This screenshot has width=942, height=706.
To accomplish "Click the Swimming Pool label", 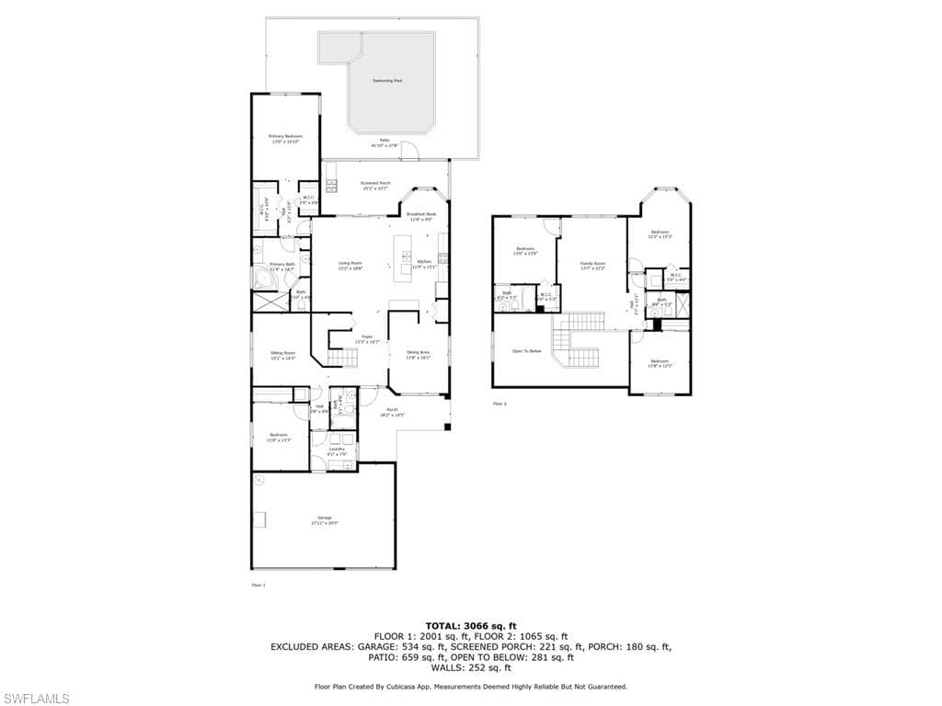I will pyautogui.click(x=386, y=81).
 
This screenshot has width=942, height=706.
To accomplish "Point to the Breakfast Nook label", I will pyautogui.click(x=421, y=215).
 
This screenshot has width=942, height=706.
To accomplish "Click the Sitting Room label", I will pyautogui.click(x=282, y=354).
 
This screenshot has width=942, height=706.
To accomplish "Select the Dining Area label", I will pyautogui.click(x=418, y=354).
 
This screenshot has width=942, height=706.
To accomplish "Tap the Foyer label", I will pyautogui.click(x=367, y=338).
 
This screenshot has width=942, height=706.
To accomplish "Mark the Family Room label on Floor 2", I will pyautogui.click(x=592, y=265).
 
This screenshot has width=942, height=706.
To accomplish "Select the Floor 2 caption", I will pyautogui.click(x=500, y=404).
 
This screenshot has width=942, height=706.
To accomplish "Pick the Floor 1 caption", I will pyautogui.click(x=258, y=584).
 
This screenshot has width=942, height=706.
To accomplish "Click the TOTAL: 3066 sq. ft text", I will pyautogui.click(x=470, y=625).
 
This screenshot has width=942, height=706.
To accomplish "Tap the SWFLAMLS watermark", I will pyautogui.click(x=35, y=699).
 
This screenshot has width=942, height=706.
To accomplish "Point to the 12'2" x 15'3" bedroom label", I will pyautogui.click(x=660, y=233).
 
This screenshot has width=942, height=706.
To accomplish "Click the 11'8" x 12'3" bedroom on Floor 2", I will pyautogui.click(x=660, y=363).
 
